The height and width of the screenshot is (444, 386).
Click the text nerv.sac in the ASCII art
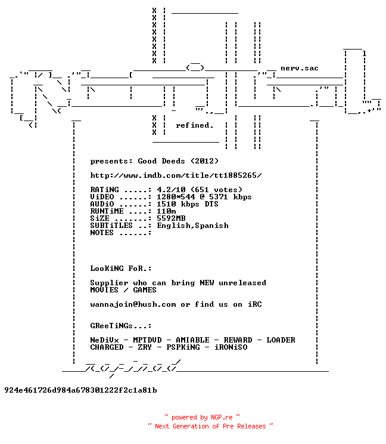pos(300,68)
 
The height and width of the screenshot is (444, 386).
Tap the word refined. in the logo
pos(195,125)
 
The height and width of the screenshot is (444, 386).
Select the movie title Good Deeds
pos(161,161)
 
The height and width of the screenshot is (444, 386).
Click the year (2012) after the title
pos(204,161)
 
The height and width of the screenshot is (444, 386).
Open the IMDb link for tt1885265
pos(176,175)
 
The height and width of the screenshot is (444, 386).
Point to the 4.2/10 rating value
pos(171,189)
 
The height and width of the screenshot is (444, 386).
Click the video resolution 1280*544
pos(176,196)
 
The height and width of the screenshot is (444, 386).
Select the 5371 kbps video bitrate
pos(231,196)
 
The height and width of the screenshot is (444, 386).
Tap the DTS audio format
pos(211,204)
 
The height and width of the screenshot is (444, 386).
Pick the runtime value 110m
pos(166,211)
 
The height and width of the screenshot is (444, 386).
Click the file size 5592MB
pos(171,218)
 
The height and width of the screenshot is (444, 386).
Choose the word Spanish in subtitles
pos(211,226)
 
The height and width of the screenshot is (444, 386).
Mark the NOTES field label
pos(102,233)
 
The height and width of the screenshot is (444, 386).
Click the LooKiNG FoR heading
pos(121,268)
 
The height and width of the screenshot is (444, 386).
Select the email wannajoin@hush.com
pos(133,304)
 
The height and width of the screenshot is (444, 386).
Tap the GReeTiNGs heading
pos(121,326)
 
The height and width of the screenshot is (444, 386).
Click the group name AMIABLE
pos(193,340)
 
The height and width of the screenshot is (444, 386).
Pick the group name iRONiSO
pos(231,347)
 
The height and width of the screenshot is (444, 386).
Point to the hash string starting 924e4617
pos(81,390)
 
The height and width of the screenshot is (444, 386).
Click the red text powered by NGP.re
pos(202,417)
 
